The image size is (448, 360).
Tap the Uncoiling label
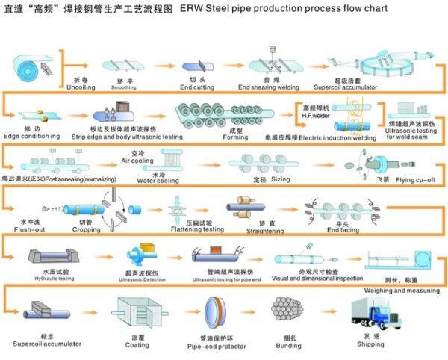[x=80, y=87]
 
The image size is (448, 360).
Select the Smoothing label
[x=124, y=87]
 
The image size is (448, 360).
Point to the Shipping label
[x=370, y=344]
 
